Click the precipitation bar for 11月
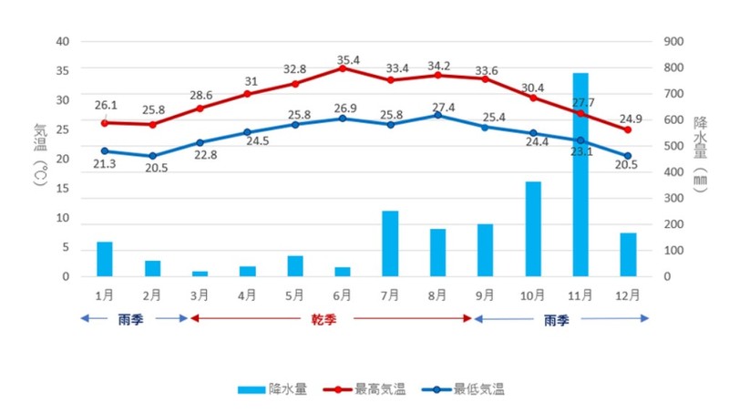click(580, 174)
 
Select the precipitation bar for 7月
click(390, 243)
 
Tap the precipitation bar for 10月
click(533, 229)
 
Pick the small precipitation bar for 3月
click(200, 273)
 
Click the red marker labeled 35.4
click(343, 67)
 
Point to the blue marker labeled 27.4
click(437, 115)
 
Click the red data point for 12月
click(628, 129)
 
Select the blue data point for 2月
click(152, 156)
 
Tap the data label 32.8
click(294, 69)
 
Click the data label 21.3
click(105, 164)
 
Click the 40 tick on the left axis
click(62, 42)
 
